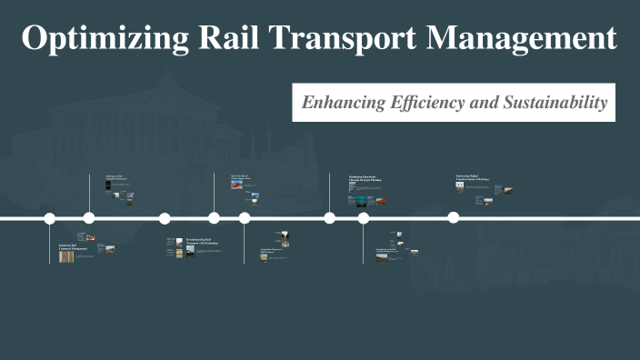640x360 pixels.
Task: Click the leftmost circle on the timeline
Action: coord(50,218)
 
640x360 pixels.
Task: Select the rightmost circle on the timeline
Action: coord(453,217)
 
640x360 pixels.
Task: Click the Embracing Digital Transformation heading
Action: coord(473,177)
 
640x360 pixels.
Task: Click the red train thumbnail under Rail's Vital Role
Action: coord(238,185)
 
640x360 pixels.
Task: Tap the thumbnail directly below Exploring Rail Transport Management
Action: coord(66,256)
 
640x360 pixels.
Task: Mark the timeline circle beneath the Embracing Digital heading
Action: coord(453,217)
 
